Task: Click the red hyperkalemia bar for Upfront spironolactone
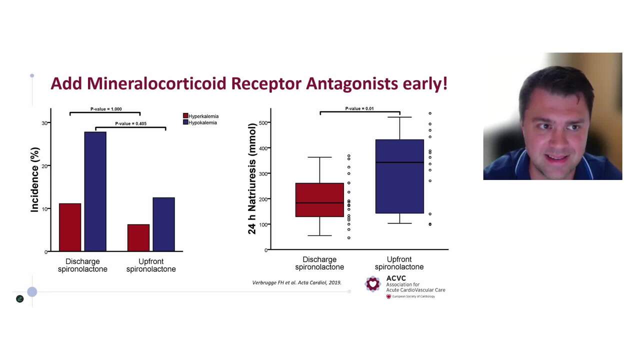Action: tap(138, 238)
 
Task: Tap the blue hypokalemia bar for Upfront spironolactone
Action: tap(163, 224)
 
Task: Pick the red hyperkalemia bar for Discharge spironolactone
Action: tap(70, 227)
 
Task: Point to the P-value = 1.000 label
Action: tap(106, 109)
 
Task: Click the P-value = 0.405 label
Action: tap(130, 123)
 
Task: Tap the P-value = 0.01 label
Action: tap(359, 108)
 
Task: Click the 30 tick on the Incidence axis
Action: tap(44, 123)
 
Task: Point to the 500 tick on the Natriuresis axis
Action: tap(263, 123)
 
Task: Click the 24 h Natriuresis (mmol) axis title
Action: tap(252, 179)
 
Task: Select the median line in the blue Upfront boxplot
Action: tap(399, 162)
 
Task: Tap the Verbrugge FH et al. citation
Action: tap(296, 282)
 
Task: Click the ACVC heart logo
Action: tap(372, 284)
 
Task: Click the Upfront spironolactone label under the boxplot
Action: tap(399, 263)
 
